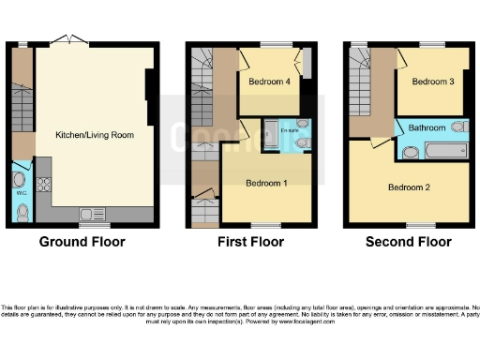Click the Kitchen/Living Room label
coord(94,135)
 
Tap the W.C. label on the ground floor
coord(20,194)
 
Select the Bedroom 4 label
coord(268,82)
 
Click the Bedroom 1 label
coord(266,182)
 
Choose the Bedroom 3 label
coord(433,82)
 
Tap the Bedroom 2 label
coord(410,187)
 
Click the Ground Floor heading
coord(82,242)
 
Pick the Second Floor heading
coord(409,242)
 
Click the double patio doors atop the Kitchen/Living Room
coord(67,41)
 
